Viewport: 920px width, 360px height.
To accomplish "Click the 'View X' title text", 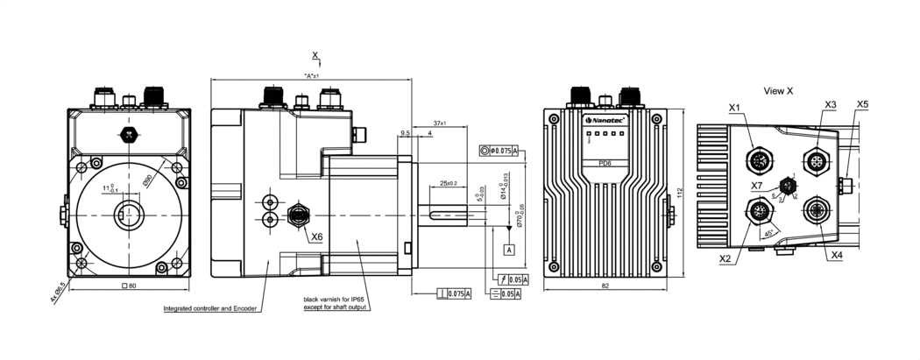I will (x=778, y=91).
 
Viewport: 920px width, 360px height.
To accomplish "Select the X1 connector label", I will (x=734, y=108).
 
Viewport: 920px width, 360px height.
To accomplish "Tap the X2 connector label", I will (x=725, y=259).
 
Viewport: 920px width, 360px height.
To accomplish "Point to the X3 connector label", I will (x=831, y=104).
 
